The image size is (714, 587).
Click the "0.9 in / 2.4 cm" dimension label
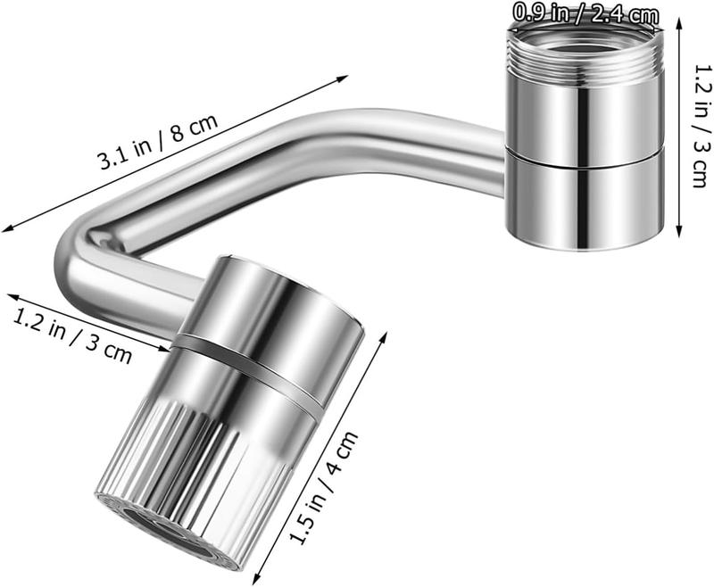[x=585, y=14]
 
